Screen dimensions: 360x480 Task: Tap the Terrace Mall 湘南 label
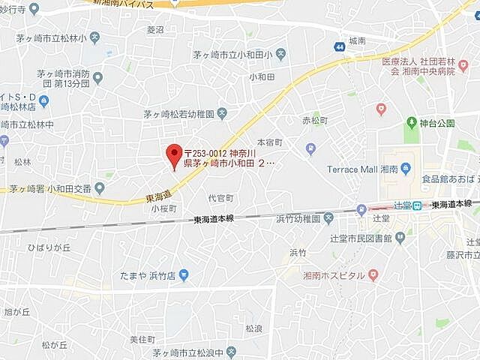(362, 168)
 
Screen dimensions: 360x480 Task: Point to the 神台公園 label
(436, 121)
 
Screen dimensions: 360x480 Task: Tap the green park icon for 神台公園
(411, 121)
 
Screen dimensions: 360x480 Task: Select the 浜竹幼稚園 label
(298, 218)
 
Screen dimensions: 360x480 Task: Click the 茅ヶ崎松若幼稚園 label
(179, 114)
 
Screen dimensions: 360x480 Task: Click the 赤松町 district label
(314, 120)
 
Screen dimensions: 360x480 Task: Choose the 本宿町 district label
(270, 142)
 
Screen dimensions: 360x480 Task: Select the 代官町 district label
(220, 199)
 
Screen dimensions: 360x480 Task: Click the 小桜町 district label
(163, 209)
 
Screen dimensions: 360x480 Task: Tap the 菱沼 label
(156, 30)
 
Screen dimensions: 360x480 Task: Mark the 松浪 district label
(253, 307)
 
